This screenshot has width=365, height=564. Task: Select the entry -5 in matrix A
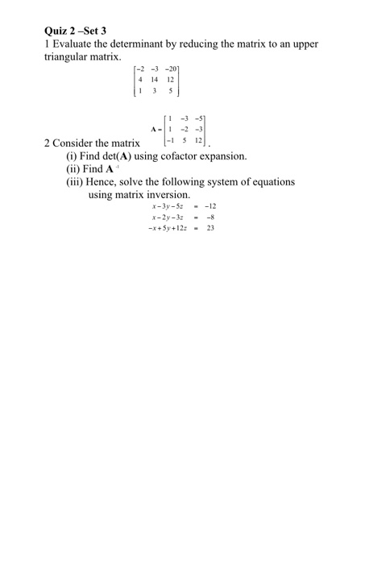209,115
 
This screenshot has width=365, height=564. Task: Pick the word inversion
166,195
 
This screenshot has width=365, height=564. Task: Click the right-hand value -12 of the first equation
212,205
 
